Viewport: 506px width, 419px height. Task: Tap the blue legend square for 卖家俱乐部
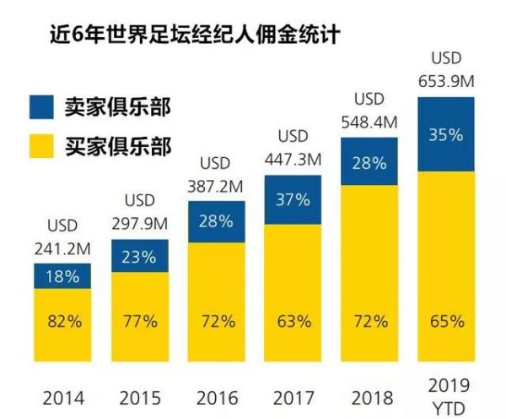[x=40, y=106]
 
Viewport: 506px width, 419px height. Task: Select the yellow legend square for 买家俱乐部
[x=40, y=148]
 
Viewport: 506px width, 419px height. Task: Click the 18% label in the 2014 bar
[x=63, y=276]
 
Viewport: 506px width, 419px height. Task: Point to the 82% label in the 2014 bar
[x=63, y=322]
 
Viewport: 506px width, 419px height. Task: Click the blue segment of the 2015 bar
[x=140, y=256]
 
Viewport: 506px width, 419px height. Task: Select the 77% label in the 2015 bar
[x=140, y=322]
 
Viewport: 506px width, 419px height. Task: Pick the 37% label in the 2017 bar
[x=293, y=199]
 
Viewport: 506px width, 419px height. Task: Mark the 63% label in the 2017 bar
[x=293, y=322]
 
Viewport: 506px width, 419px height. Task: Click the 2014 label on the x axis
[x=63, y=397]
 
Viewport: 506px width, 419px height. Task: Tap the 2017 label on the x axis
[x=293, y=397]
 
